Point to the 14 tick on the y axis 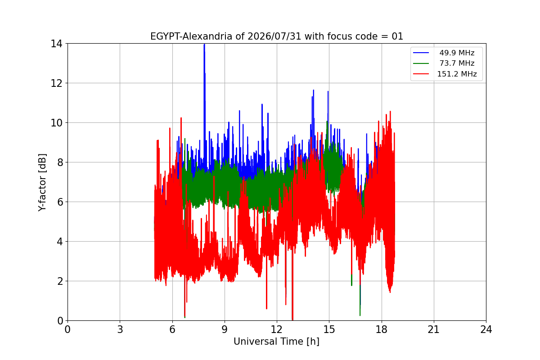coord(56,44)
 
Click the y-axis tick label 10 coord(56,123)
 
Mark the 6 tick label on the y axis coord(60,202)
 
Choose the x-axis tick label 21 coord(434,329)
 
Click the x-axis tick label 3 coord(120,329)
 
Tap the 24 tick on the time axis coord(486,329)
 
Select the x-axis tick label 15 coord(329,329)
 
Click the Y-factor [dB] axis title coord(42,183)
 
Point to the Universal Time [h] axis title coord(276,342)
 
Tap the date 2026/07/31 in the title coord(274,36)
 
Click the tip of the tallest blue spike coord(204,45)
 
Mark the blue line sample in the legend coord(421,53)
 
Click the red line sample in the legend coord(421,74)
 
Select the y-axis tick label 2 coord(60,281)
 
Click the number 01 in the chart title coord(397,36)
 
